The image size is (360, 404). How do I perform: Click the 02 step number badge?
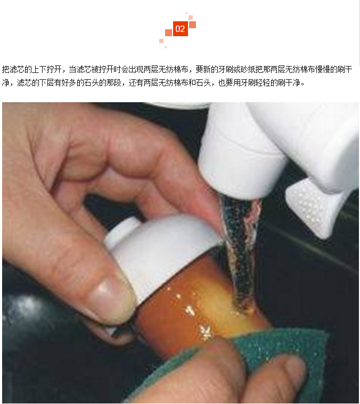pos(180,29)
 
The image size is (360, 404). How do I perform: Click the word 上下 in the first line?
pos(39,69)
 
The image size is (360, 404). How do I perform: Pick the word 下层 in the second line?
pos(47,83)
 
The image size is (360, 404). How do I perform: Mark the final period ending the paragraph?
pos(303,85)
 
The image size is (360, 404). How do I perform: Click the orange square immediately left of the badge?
pos(168,32)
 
